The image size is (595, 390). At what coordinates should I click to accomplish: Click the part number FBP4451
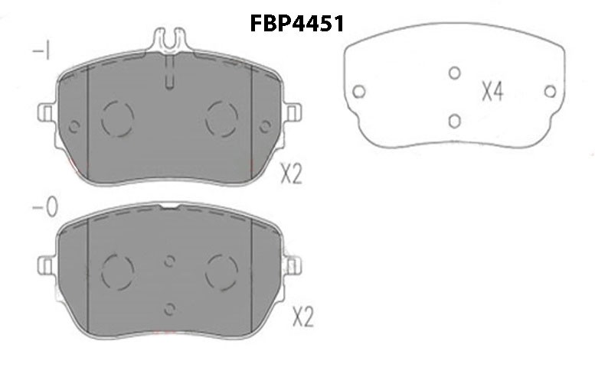297,23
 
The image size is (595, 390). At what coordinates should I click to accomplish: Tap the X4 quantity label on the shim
492,92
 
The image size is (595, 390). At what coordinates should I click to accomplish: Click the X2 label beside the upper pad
292,174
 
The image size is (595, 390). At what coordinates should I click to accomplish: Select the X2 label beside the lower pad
303,317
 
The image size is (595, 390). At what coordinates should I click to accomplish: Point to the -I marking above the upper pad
42,50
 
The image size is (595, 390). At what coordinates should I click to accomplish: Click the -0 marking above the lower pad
45,207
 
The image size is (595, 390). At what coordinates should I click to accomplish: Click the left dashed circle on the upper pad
118,119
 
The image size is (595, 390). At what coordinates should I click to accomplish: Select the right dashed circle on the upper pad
221,119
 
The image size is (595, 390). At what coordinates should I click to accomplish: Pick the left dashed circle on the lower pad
118,271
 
